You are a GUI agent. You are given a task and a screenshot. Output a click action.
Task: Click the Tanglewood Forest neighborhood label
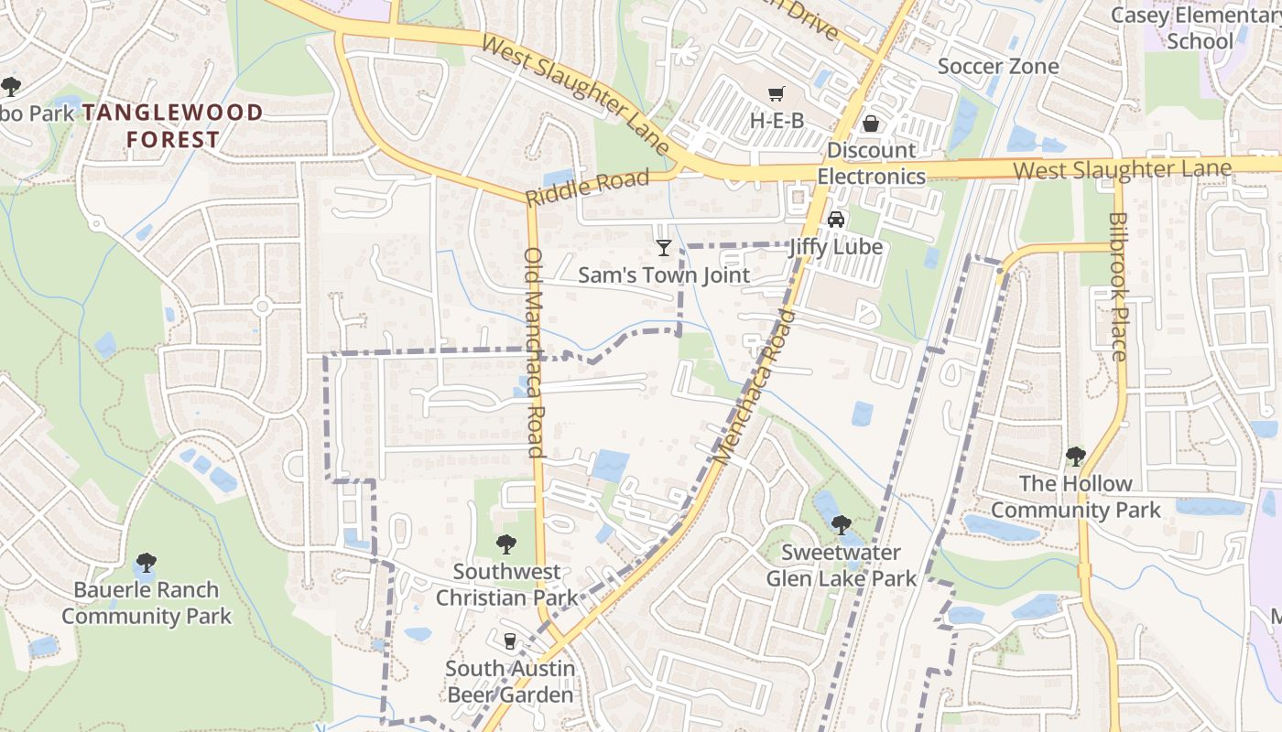click(172, 126)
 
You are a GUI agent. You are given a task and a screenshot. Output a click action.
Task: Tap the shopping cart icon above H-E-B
click(777, 93)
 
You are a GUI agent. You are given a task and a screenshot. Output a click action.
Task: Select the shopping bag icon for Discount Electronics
click(871, 123)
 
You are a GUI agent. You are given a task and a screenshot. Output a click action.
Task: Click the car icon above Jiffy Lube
click(835, 220)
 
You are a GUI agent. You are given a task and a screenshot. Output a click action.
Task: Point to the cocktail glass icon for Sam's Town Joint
click(664, 247)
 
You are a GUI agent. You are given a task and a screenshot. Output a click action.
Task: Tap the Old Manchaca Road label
click(535, 352)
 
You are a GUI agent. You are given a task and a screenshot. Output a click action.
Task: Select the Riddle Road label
click(587, 187)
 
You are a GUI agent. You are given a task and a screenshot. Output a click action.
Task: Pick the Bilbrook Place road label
click(1118, 286)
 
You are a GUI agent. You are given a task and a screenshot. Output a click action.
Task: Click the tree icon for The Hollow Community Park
click(1075, 456)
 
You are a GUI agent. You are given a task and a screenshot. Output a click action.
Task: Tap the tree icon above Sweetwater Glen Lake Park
click(841, 525)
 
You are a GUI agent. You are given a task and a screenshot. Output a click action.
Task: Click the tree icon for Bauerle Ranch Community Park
click(146, 562)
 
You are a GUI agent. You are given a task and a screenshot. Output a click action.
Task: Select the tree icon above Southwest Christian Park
click(506, 544)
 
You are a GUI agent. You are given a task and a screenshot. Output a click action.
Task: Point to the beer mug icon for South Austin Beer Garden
click(510, 640)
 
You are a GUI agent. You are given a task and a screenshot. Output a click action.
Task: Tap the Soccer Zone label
click(998, 66)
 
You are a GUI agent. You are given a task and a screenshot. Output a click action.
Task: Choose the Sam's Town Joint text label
click(664, 275)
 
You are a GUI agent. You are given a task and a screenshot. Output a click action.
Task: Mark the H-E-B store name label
click(777, 120)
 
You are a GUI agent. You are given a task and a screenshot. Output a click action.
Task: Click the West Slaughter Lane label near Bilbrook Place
click(1122, 169)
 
